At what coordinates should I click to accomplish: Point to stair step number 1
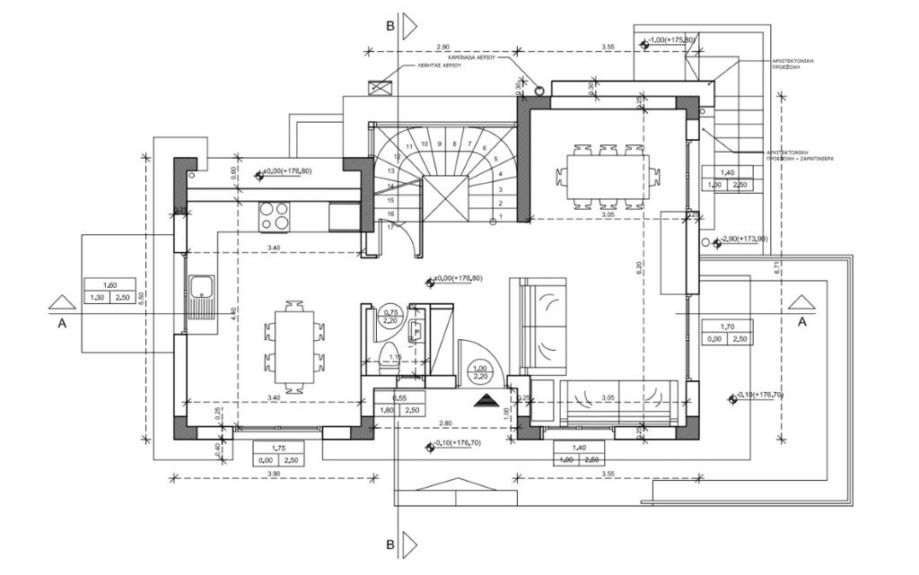(500, 216)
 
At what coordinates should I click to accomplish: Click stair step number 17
(391, 228)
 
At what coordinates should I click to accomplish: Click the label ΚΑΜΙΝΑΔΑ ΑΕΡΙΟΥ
(475, 55)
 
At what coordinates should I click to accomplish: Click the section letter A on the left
(63, 325)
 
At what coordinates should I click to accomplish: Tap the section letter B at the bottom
(390, 544)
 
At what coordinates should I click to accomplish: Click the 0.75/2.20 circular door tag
(390, 315)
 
